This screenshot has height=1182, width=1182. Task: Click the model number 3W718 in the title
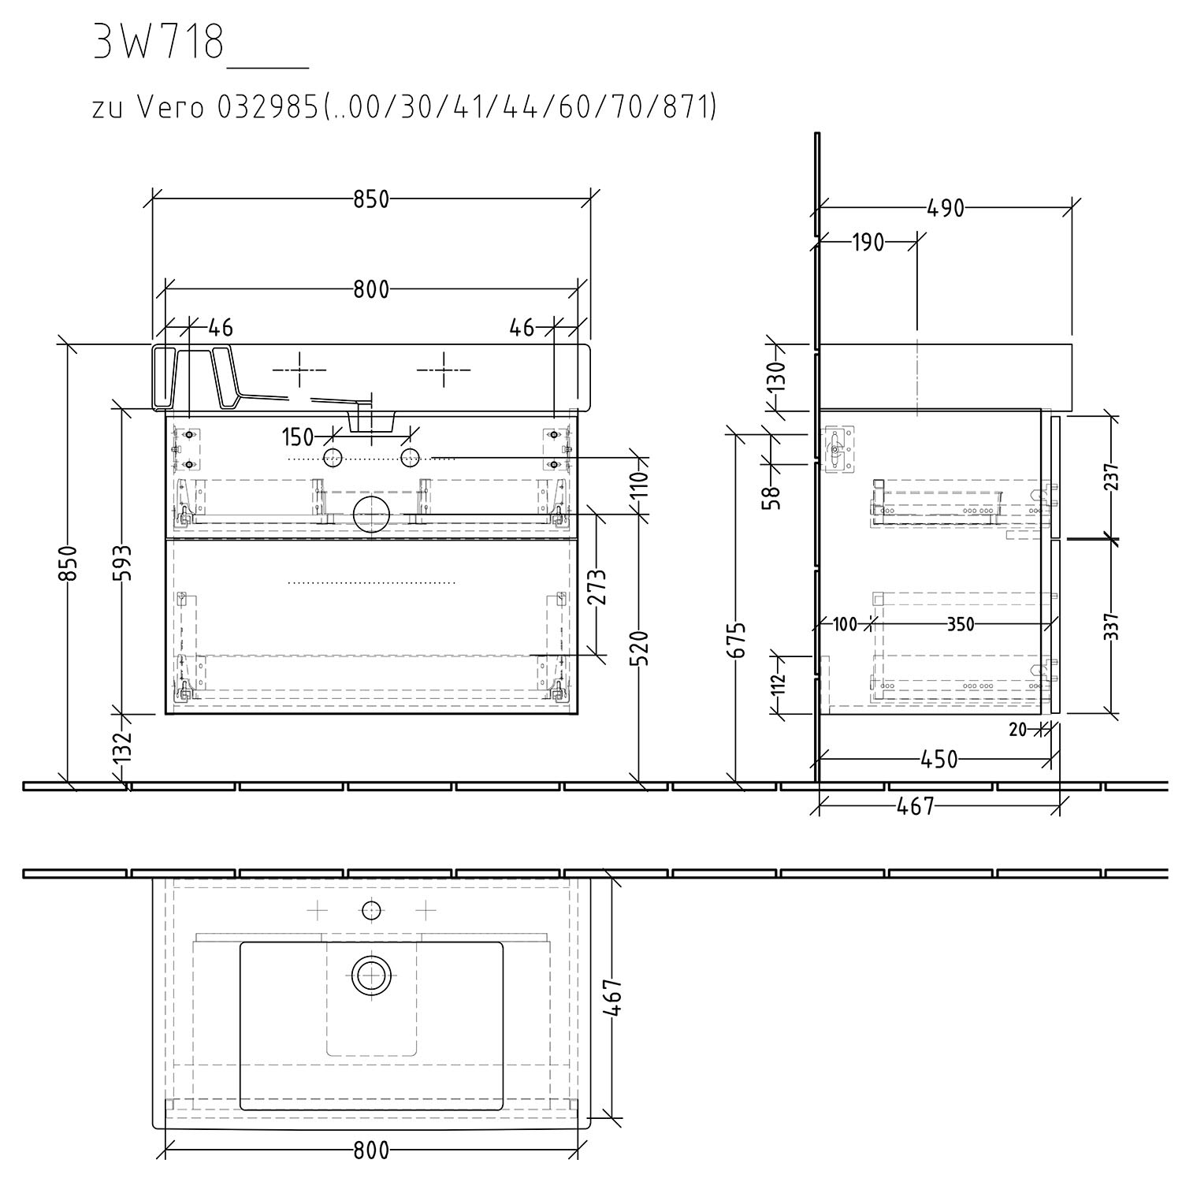coord(159,43)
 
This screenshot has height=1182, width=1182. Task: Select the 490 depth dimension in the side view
coord(946,208)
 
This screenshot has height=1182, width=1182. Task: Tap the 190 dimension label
coord(868,242)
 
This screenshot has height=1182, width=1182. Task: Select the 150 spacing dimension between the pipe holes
coord(297,436)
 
